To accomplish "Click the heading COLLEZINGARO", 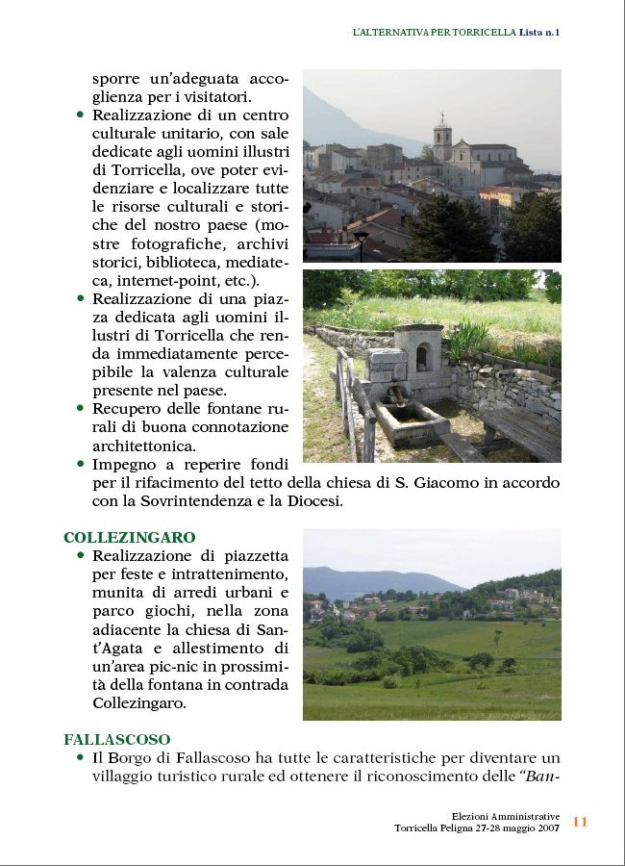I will [129, 538].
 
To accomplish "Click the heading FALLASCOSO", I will [117, 740].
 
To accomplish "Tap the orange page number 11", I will [580, 822].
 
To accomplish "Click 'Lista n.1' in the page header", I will [539, 32].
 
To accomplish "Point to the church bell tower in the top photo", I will [441, 140].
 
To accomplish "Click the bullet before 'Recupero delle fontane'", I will [80, 409].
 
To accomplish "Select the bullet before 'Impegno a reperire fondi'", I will [80, 464].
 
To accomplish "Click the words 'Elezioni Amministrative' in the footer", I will [506, 816].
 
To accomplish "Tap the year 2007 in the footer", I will [547, 828].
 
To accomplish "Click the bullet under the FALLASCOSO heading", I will [80, 758].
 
